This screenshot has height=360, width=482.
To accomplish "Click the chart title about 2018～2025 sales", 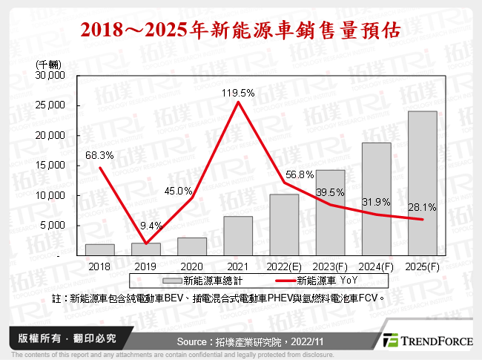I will point(241,30).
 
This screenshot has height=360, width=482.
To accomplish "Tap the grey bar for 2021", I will point(238,236).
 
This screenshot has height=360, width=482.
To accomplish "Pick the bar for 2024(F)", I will point(376,199).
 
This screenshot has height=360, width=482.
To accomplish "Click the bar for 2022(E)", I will point(284,224).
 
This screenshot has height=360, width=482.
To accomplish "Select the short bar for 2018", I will point(100,249).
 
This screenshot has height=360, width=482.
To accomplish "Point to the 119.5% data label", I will point(238,94).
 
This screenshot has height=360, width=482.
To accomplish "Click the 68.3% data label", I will point(100,155).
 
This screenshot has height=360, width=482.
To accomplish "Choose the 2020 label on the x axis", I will point(192,265).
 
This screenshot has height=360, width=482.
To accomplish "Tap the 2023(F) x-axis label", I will point(330,265).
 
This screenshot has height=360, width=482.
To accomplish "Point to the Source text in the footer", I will point(242,340).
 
